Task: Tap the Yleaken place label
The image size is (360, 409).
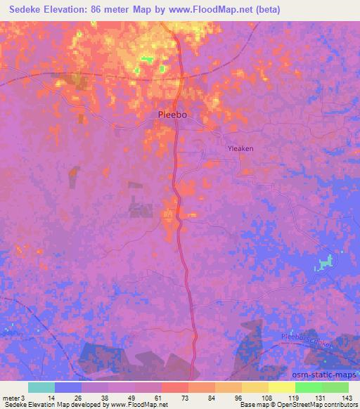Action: [x=241, y=148]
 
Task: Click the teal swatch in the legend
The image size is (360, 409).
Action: [x=41, y=387]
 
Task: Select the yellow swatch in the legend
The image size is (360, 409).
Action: [x=281, y=387]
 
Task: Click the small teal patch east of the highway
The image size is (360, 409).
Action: [x=324, y=264]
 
